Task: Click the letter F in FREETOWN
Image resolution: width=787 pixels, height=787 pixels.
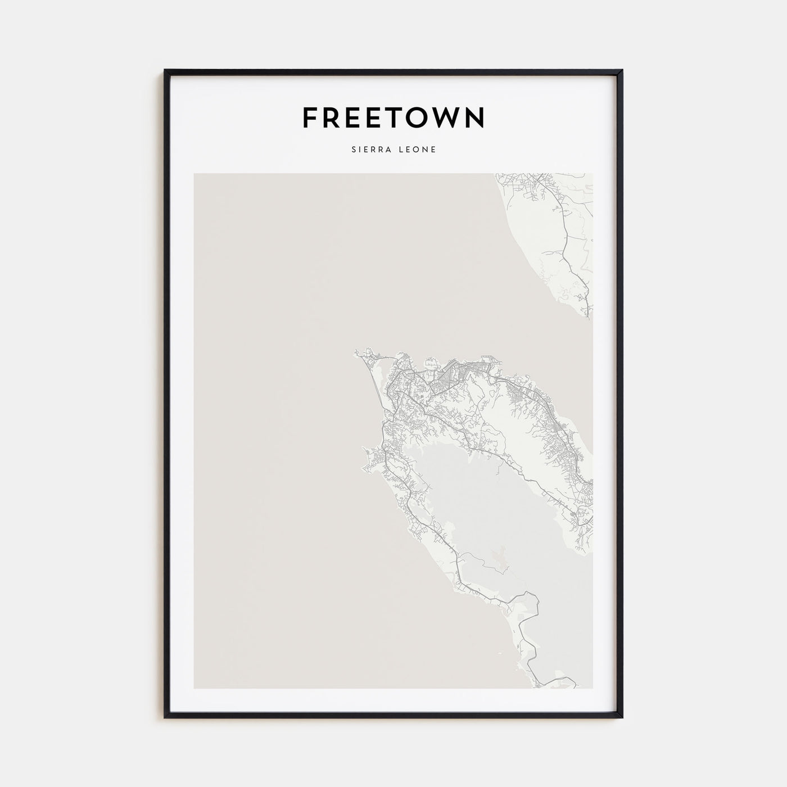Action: point(310,117)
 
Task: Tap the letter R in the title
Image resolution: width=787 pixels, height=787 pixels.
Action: point(332,117)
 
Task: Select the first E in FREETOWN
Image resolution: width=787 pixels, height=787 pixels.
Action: point(355,117)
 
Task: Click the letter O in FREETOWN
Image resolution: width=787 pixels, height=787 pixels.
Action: point(421,117)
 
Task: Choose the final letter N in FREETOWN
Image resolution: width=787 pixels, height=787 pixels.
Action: point(475,117)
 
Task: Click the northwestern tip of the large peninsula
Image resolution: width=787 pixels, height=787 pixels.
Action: point(356,354)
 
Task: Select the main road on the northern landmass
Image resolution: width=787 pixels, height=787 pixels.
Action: point(565,242)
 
